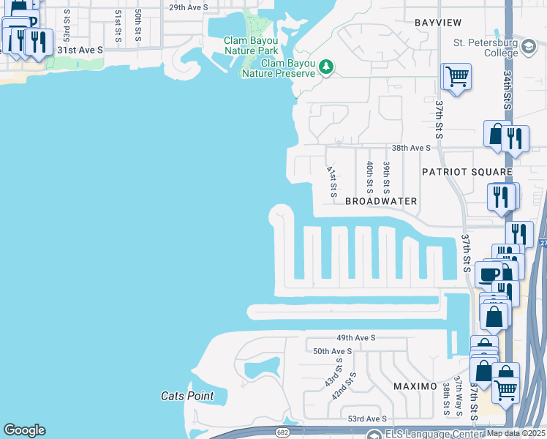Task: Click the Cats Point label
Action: (x=187, y=397)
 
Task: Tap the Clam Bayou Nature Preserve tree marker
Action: (x=326, y=69)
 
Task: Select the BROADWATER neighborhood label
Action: (x=381, y=201)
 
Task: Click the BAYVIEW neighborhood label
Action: (x=439, y=23)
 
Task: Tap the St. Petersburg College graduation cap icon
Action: (x=527, y=48)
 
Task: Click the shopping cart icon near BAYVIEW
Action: (x=456, y=75)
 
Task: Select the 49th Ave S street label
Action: (x=355, y=338)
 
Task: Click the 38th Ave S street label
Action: (x=411, y=147)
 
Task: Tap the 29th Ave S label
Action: (x=188, y=7)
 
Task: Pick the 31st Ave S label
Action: (x=80, y=49)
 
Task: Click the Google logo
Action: (x=24, y=430)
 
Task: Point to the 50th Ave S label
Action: (x=333, y=351)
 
